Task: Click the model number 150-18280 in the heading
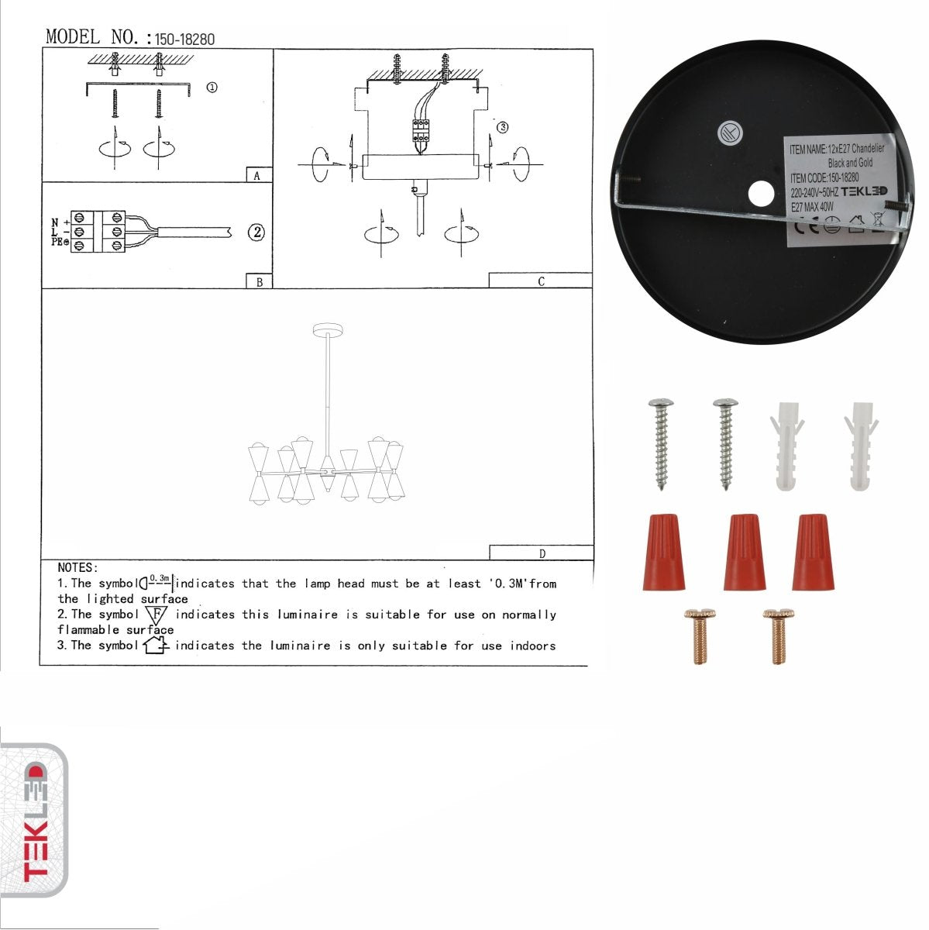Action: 184,39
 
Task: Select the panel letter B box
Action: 259,282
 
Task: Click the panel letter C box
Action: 540,281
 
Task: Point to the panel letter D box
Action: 541,553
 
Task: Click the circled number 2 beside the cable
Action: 256,232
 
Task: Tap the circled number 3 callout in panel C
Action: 502,127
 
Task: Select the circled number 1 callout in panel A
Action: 212,88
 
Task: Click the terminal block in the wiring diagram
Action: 98,231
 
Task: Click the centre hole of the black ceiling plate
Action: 762,192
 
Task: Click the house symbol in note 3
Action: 156,645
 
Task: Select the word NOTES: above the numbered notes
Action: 77,568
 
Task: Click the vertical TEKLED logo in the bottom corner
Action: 34,822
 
